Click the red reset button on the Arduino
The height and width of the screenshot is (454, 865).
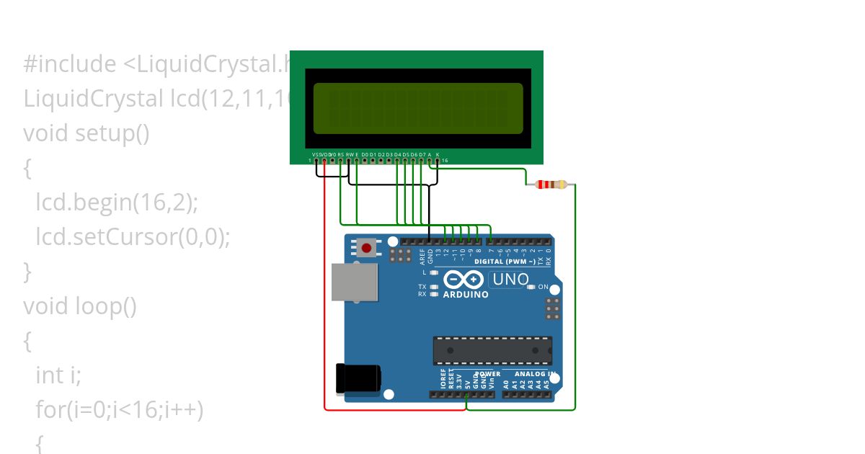coord(367,249)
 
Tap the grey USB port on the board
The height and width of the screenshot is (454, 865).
coord(354,282)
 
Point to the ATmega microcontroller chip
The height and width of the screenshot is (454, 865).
coord(492,350)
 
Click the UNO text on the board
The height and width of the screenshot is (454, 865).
coord(511,280)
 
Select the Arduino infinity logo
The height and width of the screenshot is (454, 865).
coord(463,280)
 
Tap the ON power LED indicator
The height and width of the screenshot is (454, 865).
coord(531,287)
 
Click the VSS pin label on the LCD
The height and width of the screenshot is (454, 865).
coord(316,154)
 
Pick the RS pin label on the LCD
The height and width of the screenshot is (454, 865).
coord(340,154)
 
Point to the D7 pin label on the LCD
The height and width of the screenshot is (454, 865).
coord(422,154)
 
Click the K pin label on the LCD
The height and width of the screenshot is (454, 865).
coord(438,154)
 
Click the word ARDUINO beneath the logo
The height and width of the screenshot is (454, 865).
coord(466,295)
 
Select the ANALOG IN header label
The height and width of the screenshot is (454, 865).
coord(533,374)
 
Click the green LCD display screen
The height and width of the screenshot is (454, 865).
coord(418,108)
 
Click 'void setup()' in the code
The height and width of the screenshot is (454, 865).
coord(86,133)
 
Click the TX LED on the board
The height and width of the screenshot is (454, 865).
coord(433,287)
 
